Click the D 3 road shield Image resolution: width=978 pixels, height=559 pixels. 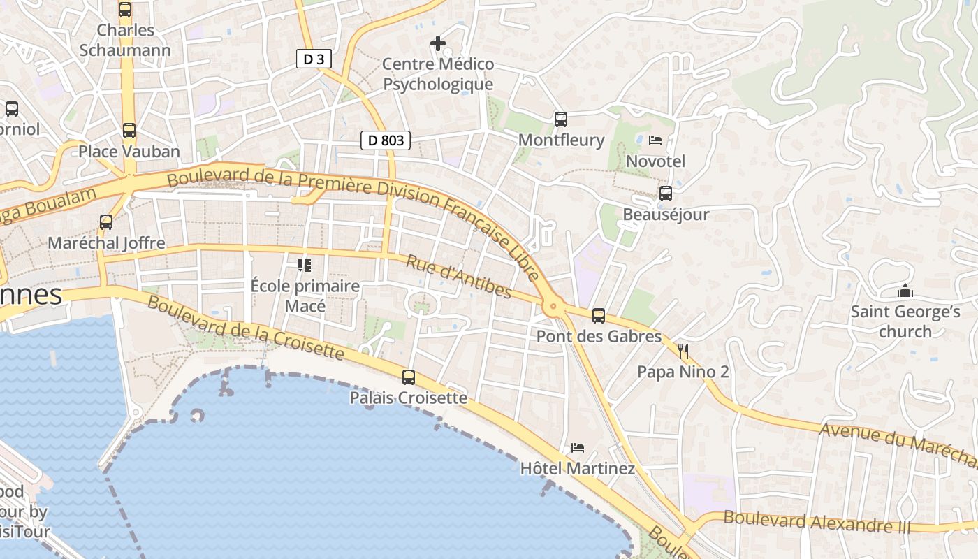click(x=314, y=59)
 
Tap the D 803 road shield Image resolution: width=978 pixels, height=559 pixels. click(x=386, y=140)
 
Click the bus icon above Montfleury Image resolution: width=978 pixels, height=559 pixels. click(x=561, y=119)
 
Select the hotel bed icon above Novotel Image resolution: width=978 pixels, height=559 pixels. click(x=655, y=140)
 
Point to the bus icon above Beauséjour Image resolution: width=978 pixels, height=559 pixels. click(x=666, y=194)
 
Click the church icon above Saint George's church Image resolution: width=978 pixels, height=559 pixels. click(x=905, y=291)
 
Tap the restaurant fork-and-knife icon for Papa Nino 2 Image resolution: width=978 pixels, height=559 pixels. click(x=683, y=351)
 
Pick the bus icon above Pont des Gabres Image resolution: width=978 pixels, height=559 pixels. click(x=599, y=316)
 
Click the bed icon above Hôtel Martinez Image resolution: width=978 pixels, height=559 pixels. click(x=577, y=448)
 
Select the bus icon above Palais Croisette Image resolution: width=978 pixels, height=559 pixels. click(x=409, y=377)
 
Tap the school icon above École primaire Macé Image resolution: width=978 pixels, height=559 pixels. click(x=305, y=266)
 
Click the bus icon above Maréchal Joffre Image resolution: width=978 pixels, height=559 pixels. click(x=106, y=222)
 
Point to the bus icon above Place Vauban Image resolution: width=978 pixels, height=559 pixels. click(x=129, y=131)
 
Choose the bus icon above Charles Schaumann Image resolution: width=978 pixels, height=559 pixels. click(x=125, y=10)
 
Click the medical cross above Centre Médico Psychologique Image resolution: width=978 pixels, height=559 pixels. click(x=438, y=43)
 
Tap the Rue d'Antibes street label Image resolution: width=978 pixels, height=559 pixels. click(x=459, y=276)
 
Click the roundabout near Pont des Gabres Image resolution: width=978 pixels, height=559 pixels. click(x=553, y=305)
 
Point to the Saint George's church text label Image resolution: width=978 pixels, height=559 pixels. click(x=905, y=321)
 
